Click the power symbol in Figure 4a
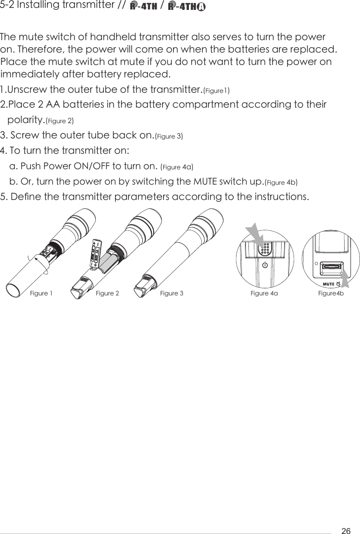click(x=265, y=264)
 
